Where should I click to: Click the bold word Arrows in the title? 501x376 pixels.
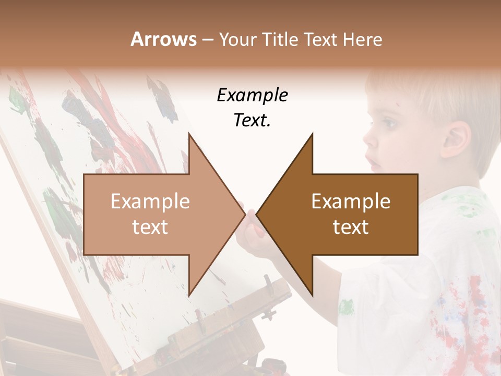[x=163, y=39]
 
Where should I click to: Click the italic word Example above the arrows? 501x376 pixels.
[x=252, y=96]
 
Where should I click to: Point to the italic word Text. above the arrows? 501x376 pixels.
[x=252, y=120]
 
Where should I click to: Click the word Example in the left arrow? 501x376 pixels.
[x=150, y=202]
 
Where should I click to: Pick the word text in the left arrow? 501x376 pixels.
[x=150, y=227]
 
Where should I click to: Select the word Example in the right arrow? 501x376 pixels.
[x=351, y=202]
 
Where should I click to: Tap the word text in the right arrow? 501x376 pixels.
[x=351, y=227]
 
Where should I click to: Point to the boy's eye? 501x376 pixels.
[x=388, y=125]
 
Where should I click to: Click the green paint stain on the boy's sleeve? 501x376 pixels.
[x=345, y=307]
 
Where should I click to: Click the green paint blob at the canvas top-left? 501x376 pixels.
[x=18, y=99]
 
